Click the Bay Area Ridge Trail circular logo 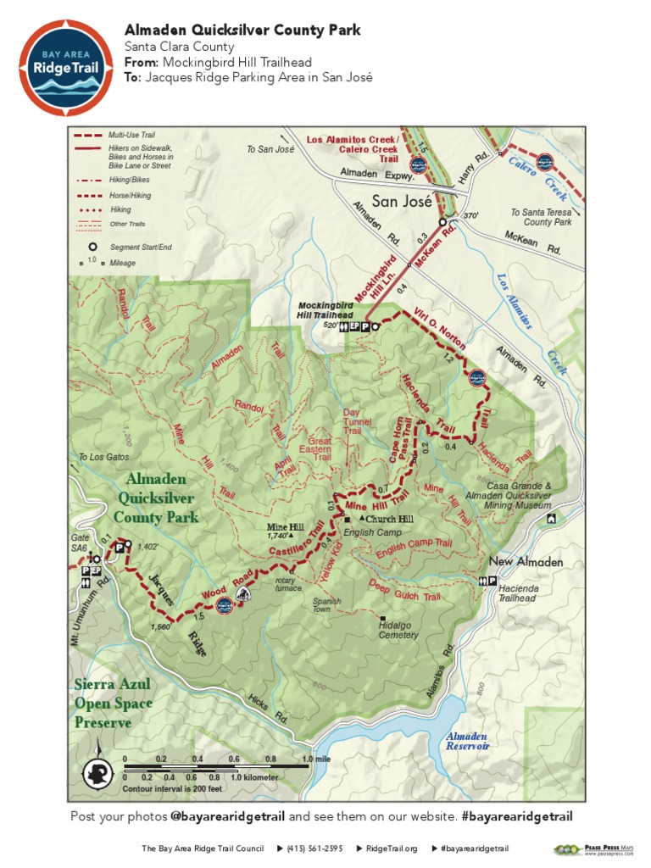point(65,67)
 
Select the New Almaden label point(526,562)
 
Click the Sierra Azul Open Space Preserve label point(113,703)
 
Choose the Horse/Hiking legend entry point(130,195)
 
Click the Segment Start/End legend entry point(141,247)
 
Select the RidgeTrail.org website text point(392,849)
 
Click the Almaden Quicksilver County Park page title point(242,31)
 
